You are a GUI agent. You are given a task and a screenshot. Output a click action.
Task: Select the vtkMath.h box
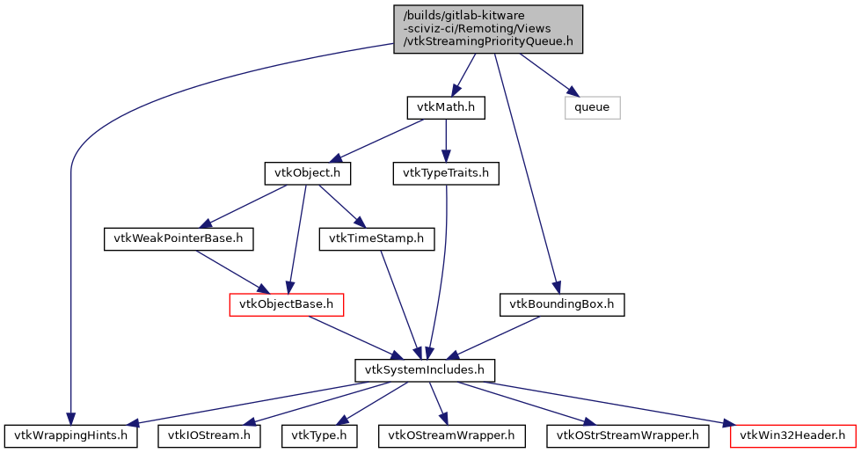click(x=446, y=107)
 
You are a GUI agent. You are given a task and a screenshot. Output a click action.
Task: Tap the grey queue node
click(x=592, y=107)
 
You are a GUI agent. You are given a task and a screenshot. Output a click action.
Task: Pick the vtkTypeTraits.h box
click(x=446, y=173)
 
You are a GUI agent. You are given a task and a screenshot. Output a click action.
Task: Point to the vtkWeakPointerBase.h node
click(x=179, y=238)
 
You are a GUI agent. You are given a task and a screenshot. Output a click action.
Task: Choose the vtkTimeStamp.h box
click(x=376, y=238)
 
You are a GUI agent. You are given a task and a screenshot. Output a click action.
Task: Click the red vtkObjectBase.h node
click(x=286, y=304)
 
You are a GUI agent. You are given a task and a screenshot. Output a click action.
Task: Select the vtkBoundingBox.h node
click(x=562, y=304)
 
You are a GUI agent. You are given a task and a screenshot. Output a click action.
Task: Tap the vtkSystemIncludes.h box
click(x=425, y=369)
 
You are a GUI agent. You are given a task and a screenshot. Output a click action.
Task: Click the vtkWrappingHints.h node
click(x=71, y=435)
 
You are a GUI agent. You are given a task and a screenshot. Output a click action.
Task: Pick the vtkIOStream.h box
click(x=209, y=435)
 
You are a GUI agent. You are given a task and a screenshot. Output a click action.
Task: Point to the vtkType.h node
click(x=319, y=435)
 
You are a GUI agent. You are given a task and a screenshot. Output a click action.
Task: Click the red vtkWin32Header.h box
click(x=792, y=435)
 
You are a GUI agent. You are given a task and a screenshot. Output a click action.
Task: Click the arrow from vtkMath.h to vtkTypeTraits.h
click(x=446, y=141)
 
